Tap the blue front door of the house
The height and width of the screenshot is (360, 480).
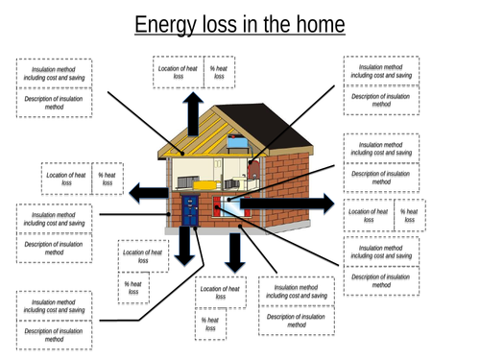point(190,211)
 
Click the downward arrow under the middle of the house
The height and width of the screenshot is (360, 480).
point(233,252)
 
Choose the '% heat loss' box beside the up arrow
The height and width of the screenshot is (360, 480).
point(220,73)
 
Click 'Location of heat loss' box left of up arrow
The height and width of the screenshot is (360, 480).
point(179,73)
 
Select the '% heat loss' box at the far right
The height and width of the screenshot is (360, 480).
point(410,218)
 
